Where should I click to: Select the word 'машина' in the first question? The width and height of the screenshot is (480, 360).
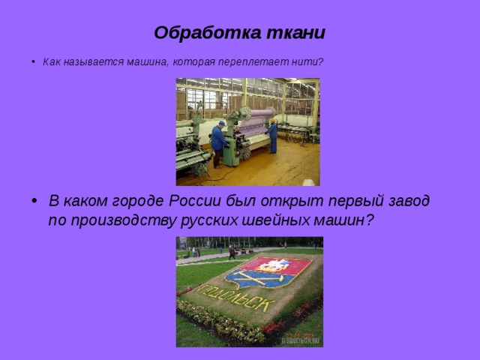click(x=148, y=61)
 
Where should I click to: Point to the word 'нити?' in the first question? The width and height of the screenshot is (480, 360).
click(x=310, y=61)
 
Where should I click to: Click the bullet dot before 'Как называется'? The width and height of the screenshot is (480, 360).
click(x=34, y=61)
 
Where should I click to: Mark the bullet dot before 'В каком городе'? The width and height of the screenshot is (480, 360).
click(x=35, y=202)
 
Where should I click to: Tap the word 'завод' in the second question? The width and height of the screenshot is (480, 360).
click(x=406, y=201)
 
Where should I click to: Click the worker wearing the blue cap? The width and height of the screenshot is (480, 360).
click(x=218, y=142)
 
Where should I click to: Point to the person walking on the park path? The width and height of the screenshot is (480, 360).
click(x=232, y=252)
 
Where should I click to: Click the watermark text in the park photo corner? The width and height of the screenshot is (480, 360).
click(x=301, y=339)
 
